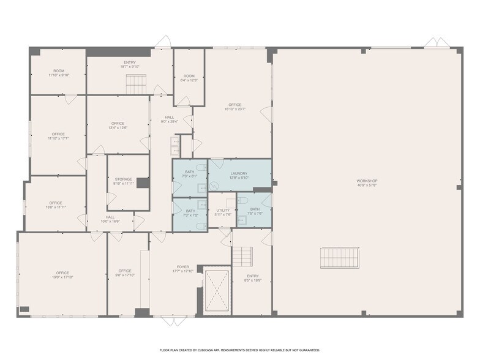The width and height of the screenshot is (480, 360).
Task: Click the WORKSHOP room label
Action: (x=367, y=181)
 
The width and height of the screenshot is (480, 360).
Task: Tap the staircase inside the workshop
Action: (x=340, y=258)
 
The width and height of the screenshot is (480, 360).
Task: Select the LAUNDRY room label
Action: (x=239, y=174)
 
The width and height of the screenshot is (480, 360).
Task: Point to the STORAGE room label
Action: (x=123, y=179)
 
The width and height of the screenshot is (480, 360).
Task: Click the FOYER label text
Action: (x=183, y=267)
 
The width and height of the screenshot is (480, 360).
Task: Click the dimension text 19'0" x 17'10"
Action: (x=62, y=277)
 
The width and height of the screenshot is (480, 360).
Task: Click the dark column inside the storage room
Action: (x=143, y=182)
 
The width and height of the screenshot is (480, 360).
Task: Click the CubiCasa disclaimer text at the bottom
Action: (x=240, y=350)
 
